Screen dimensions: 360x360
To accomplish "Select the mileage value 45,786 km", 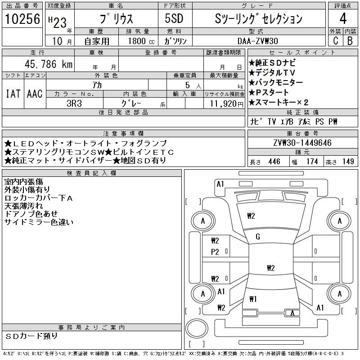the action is [x=45, y=64].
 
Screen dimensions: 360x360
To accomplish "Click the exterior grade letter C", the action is [x=335, y=40].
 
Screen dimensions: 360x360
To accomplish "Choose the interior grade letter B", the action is [x=350, y=40].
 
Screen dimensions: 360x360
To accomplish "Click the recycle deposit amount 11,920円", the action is [x=225, y=103].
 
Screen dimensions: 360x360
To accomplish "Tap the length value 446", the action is [x=274, y=162].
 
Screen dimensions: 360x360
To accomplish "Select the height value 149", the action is [x=348, y=162].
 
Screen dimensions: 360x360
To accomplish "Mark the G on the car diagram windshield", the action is [x=258, y=237].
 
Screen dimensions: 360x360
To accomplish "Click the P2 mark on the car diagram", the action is [x=215, y=252].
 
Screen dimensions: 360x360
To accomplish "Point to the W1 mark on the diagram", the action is [x=253, y=299].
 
